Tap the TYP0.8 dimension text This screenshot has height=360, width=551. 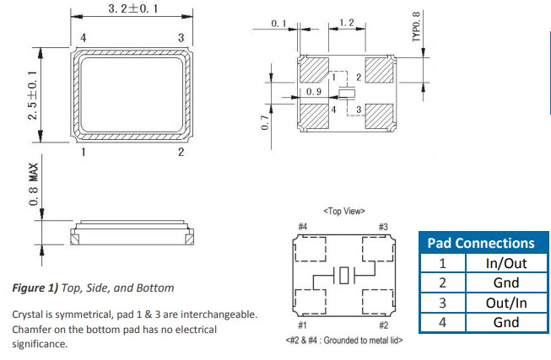pyautogui.click(x=416, y=27)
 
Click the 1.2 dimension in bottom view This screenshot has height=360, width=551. pyautogui.click(x=346, y=22)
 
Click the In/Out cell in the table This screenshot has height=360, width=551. pyautogui.click(x=505, y=263)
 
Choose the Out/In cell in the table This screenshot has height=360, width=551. pyautogui.click(x=505, y=302)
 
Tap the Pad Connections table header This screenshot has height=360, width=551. pyautogui.click(x=481, y=243)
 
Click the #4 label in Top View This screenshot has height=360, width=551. pyautogui.click(x=302, y=227)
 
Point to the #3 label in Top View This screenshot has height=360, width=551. pyautogui.click(x=382, y=227)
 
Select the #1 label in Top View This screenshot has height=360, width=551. pyautogui.click(x=302, y=325)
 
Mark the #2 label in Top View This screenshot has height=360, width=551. pyautogui.click(x=382, y=325)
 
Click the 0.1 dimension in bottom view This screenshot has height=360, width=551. pyautogui.click(x=279, y=24)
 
